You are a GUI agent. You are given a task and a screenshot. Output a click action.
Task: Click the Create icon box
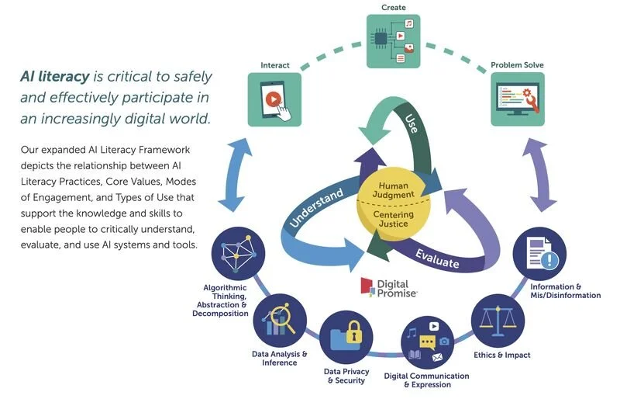coord(393,41)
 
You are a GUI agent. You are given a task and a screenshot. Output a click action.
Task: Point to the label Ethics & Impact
coord(502,356)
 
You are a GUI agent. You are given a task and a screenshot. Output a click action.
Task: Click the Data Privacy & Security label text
coord(346,376)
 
